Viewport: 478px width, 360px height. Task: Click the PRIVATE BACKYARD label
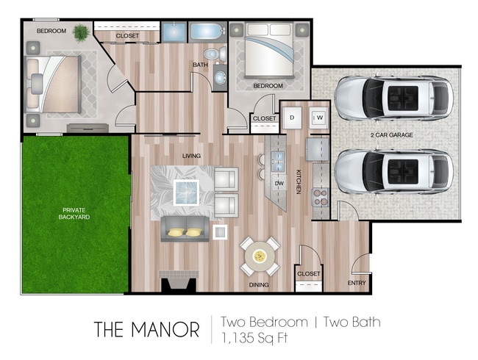(76, 214)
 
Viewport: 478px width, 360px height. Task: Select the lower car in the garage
(393, 172)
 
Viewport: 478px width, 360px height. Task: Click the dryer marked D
(292, 118)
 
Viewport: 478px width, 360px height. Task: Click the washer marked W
(319, 118)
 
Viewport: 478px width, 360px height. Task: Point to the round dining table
(260, 256)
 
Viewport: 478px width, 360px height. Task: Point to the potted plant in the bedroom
(80, 32)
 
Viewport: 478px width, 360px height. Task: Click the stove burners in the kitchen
(321, 196)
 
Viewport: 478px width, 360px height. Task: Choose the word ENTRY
(357, 283)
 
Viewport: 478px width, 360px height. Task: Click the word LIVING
(192, 155)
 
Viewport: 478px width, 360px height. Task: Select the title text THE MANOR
(146, 329)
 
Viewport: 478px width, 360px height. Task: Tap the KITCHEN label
(299, 180)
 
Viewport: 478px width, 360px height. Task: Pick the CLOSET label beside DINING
(309, 274)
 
